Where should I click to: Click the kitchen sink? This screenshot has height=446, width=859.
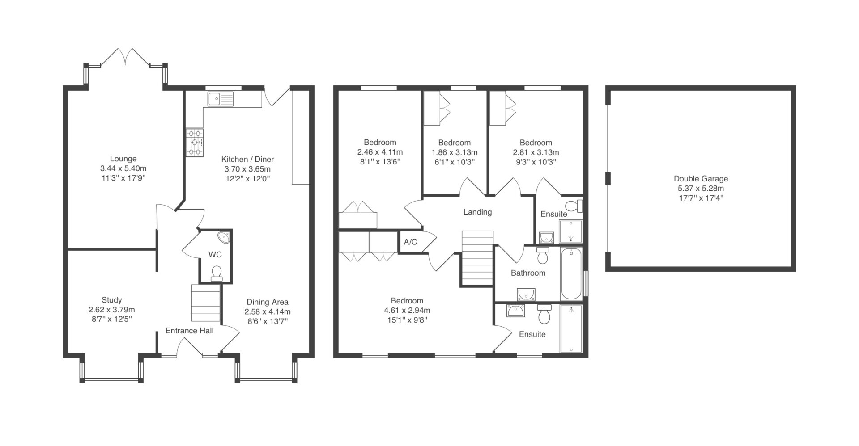point(221,99)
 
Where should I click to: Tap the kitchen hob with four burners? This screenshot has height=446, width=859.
point(195,143)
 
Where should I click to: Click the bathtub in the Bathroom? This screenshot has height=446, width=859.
point(571,274)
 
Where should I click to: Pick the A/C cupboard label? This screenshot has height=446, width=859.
point(410,242)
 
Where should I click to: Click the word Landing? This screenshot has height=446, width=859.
point(477,212)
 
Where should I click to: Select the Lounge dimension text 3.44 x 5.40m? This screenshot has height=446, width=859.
point(123,168)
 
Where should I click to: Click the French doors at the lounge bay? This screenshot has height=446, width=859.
point(126,57)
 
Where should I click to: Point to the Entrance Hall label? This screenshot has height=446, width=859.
point(189,331)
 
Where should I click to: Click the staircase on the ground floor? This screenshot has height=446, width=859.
point(206,303)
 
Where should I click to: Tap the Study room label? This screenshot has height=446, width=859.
point(111,300)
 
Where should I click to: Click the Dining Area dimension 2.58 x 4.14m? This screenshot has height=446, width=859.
point(268,311)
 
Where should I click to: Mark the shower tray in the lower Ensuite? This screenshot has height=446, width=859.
point(571,329)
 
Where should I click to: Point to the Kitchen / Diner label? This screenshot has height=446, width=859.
point(247,159)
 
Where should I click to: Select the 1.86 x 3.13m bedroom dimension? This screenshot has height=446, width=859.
point(454,152)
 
